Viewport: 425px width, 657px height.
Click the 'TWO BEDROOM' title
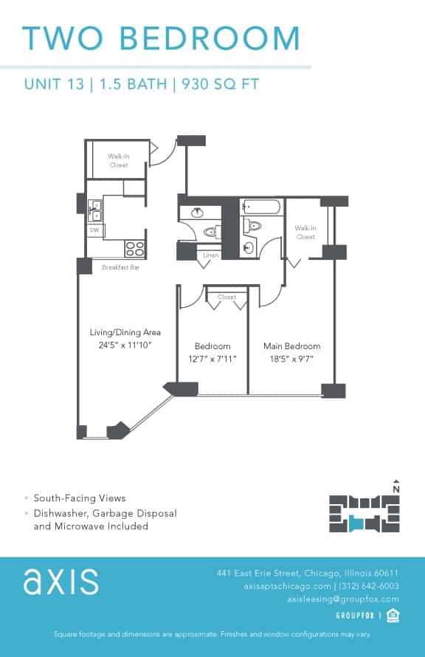(161, 38)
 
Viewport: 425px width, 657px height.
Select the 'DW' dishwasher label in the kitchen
(94, 230)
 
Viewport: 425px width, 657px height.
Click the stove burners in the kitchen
(134, 248)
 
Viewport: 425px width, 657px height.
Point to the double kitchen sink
(95, 210)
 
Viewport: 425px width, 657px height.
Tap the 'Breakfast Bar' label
(120, 267)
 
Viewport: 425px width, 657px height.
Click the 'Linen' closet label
(210, 255)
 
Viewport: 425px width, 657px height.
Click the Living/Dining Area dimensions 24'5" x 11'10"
(120, 345)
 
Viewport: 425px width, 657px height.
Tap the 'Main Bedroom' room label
(291, 346)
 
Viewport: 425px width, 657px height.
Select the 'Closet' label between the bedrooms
(227, 297)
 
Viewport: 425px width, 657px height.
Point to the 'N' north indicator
(396, 488)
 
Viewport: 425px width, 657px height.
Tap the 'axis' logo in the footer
(61, 582)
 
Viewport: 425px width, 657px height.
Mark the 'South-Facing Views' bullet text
(80, 498)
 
